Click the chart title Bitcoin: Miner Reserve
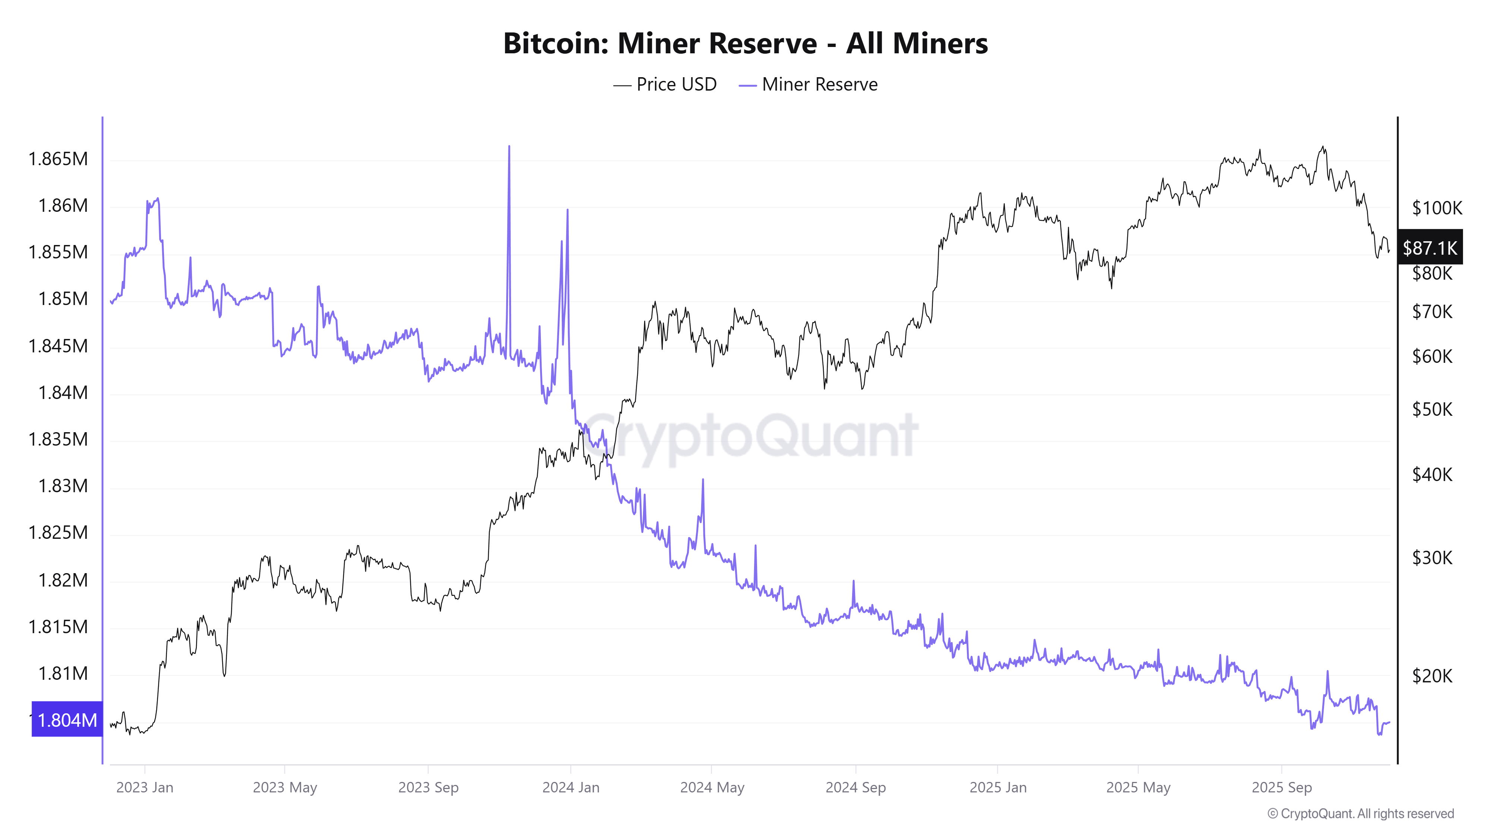[x=745, y=43]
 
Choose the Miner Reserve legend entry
[x=808, y=85]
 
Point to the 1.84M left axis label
[x=63, y=393]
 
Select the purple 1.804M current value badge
[x=67, y=720]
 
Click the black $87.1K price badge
[x=1429, y=248]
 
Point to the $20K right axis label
[x=1432, y=676]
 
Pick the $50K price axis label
[x=1432, y=409]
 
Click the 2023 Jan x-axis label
[x=145, y=788]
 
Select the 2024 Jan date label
[x=571, y=788]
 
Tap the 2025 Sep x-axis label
[x=1282, y=788]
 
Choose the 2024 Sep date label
[x=855, y=788]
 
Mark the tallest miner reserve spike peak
[x=509, y=147]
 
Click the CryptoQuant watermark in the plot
[x=750, y=436]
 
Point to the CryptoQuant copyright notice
[x=1360, y=814]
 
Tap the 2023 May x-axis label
[x=285, y=788]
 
